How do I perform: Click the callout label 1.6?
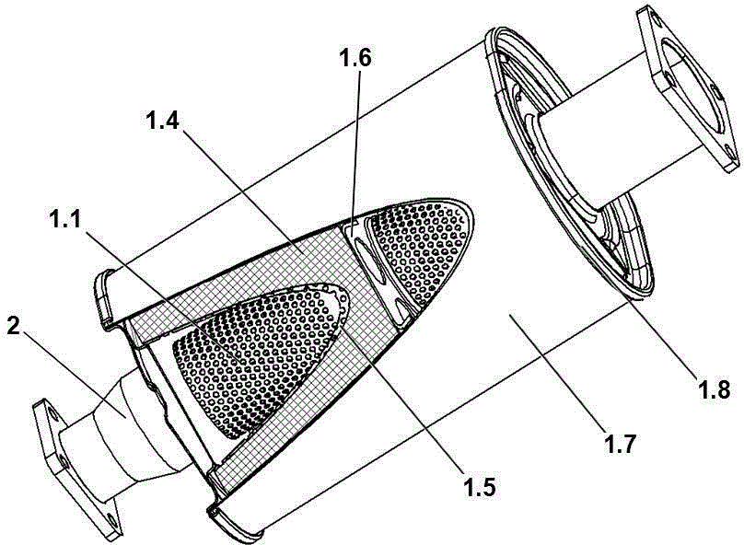(354, 58)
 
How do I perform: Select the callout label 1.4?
(162, 121)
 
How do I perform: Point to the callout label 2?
(13, 326)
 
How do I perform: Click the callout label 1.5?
(479, 487)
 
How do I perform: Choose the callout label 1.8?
(714, 390)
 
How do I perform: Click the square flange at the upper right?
(688, 87)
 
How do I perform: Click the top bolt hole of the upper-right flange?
(656, 18)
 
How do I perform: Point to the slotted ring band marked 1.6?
(375, 271)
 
